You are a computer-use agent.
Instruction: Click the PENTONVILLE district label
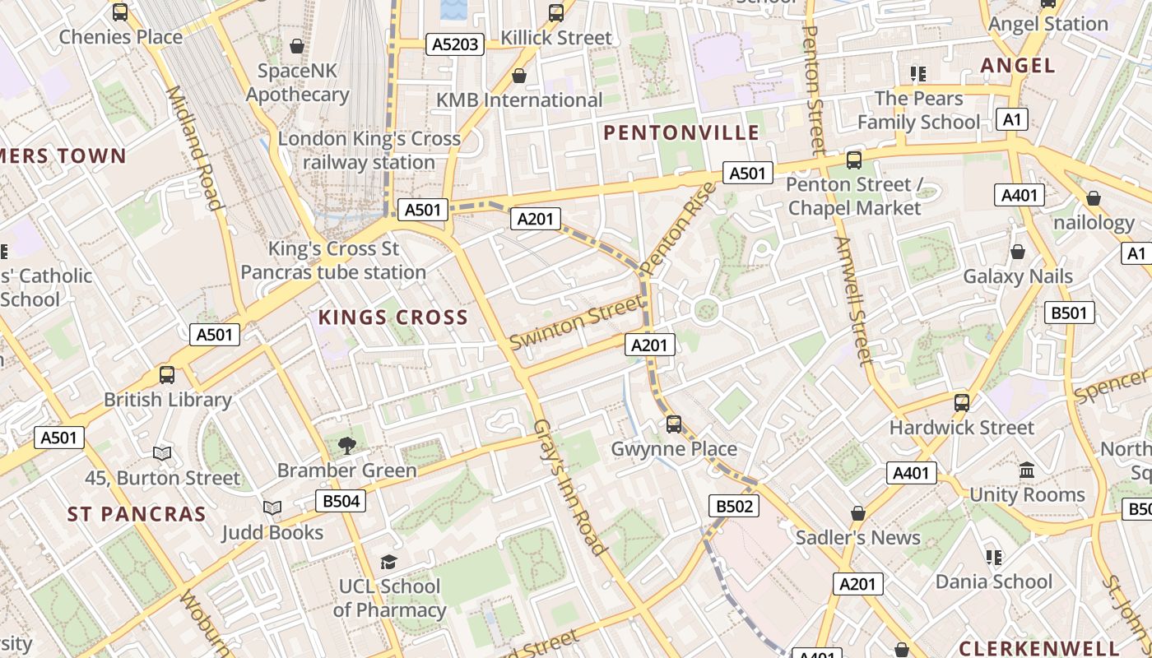681,132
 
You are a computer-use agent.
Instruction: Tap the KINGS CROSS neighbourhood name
393,317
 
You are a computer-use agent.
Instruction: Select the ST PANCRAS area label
137,514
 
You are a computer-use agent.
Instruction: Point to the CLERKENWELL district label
1039,647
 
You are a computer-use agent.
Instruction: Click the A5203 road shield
454,44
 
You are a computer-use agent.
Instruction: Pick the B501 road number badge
1070,313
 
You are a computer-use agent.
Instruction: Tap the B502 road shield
734,506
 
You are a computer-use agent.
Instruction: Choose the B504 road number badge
340,501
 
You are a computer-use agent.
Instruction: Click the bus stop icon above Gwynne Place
674,424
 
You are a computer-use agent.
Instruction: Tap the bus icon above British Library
167,375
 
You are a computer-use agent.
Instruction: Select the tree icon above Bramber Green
347,446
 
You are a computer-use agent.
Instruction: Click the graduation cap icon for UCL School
388,562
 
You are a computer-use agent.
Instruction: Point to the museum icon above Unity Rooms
1027,470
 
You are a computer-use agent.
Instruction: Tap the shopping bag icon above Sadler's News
858,513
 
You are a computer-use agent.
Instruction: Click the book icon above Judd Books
272,508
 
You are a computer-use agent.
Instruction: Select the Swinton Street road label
576,322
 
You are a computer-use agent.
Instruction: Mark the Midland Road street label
194,148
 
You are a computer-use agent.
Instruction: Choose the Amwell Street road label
852,301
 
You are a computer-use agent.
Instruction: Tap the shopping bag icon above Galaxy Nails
1018,252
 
